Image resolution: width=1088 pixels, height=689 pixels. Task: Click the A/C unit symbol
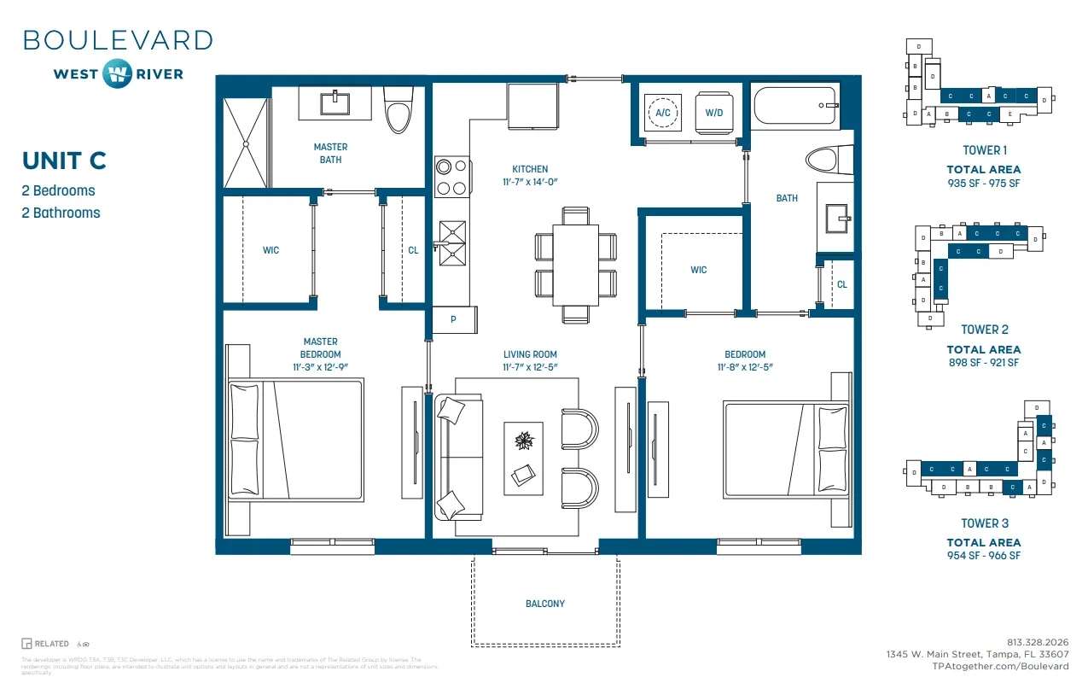[x=663, y=111]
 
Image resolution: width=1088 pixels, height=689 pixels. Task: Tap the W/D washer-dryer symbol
[x=714, y=111]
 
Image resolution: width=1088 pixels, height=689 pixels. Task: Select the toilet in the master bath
[x=398, y=109]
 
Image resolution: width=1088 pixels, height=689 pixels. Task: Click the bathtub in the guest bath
[x=795, y=106]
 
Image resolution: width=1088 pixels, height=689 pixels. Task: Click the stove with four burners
[x=451, y=178]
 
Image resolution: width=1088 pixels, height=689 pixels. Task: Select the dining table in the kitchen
[x=574, y=263]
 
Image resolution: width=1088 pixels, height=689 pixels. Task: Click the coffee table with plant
[x=523, y=453]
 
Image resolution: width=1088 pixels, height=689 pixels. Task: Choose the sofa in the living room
[x=457, y=456]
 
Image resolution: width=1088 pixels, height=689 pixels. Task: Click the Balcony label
[x=544, y=604]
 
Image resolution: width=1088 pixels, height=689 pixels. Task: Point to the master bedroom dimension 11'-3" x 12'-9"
[x=320, y=366]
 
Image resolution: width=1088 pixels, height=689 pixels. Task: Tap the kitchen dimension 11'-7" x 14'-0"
[x=530, y=182]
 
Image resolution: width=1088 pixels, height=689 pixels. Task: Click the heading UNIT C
[x=64, y=161]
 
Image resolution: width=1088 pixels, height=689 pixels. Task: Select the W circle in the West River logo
[x=117, y=73]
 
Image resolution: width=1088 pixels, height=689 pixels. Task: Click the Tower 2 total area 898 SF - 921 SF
[x=984, y=362]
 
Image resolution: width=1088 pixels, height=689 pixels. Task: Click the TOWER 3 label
[x=985, y=523]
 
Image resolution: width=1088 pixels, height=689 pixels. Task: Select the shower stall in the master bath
[x=246, y=143]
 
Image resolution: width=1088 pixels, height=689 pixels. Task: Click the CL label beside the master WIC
[x=413, y=250]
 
